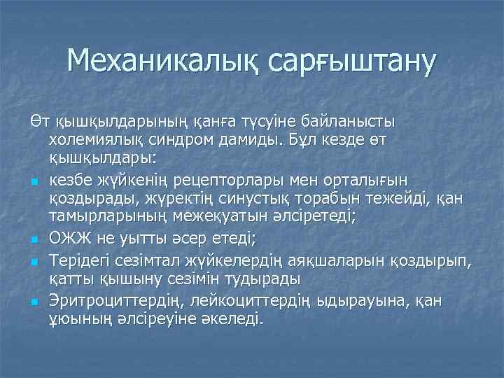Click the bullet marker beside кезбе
(x=34, y=183)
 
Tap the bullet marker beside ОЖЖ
(x=34, y=241)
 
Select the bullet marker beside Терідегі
(x=34, y=262)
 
